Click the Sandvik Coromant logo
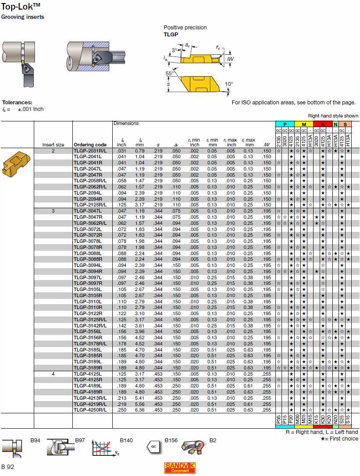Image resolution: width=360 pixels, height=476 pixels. pos(180,468)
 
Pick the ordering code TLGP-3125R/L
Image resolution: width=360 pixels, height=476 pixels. pos(90,320)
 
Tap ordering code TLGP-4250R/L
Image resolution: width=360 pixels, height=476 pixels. pos(90,410)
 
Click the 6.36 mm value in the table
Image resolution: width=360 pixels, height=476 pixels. pos(139,410)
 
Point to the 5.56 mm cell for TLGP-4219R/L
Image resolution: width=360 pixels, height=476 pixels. pos(139,404)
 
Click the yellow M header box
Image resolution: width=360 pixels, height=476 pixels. pos(303,124)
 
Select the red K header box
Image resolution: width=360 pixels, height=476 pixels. pos(323,124)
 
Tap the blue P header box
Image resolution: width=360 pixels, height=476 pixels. pos(285,124)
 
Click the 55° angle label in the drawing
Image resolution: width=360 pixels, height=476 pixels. pos(169,73)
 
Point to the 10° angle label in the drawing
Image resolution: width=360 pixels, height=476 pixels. pos(229,84)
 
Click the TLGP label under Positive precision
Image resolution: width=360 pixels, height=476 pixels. pos(171,34)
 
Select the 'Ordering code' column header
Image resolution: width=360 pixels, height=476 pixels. pos(90,145)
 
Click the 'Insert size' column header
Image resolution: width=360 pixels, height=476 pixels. pos(53,145)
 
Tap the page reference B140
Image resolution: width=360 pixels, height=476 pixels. pos(126,440)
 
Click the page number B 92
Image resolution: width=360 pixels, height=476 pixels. pos(8,467)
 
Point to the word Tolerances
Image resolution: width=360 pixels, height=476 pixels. pos(17,102)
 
